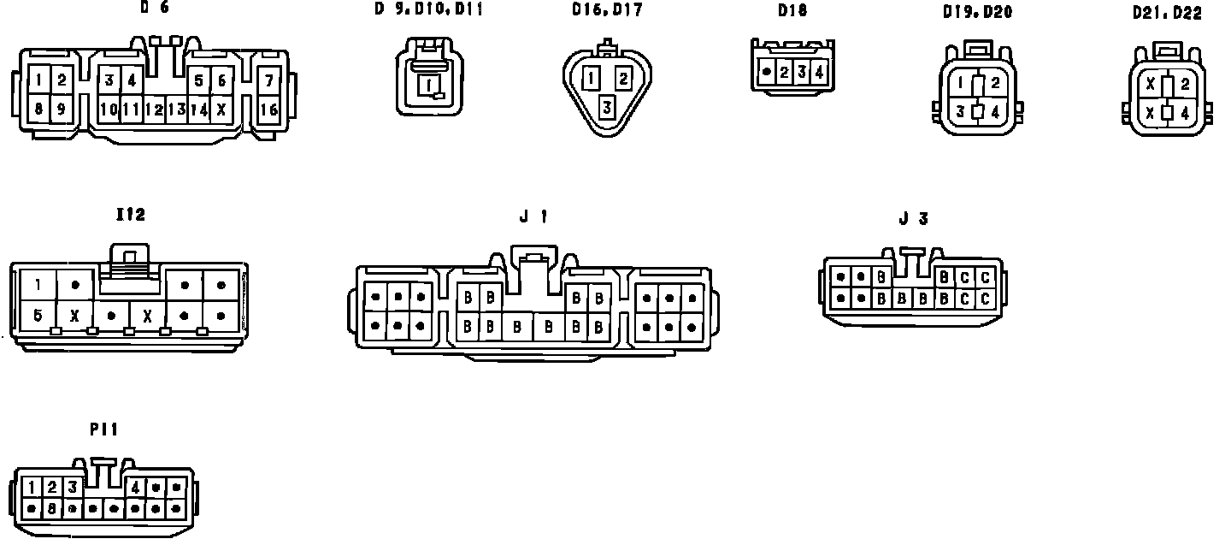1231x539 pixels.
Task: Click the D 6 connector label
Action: point(154,8)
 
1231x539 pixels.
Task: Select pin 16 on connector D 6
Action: point(269,110)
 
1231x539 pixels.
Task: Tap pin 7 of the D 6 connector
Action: point(269,81)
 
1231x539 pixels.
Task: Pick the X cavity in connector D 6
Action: point(221,110)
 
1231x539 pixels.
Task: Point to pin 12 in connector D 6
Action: point(155,110)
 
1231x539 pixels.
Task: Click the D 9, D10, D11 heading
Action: point(428,10)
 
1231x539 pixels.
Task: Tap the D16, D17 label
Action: point(607,10)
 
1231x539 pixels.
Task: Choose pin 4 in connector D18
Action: point(819,73)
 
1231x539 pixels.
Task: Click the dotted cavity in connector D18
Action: point(767,73)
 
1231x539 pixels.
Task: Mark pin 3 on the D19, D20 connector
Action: point(961,111)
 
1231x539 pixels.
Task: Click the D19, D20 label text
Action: point(977,12)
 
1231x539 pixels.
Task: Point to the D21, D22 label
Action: point(1167,13)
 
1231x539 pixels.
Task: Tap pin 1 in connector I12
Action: point(38,284)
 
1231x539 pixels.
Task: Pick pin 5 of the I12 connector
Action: point(38,315)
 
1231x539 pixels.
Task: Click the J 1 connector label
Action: point(533,216)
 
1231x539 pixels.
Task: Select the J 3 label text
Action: point(913,218)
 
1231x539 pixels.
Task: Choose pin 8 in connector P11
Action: point(52,508)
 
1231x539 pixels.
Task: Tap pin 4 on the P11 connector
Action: point(135,488)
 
